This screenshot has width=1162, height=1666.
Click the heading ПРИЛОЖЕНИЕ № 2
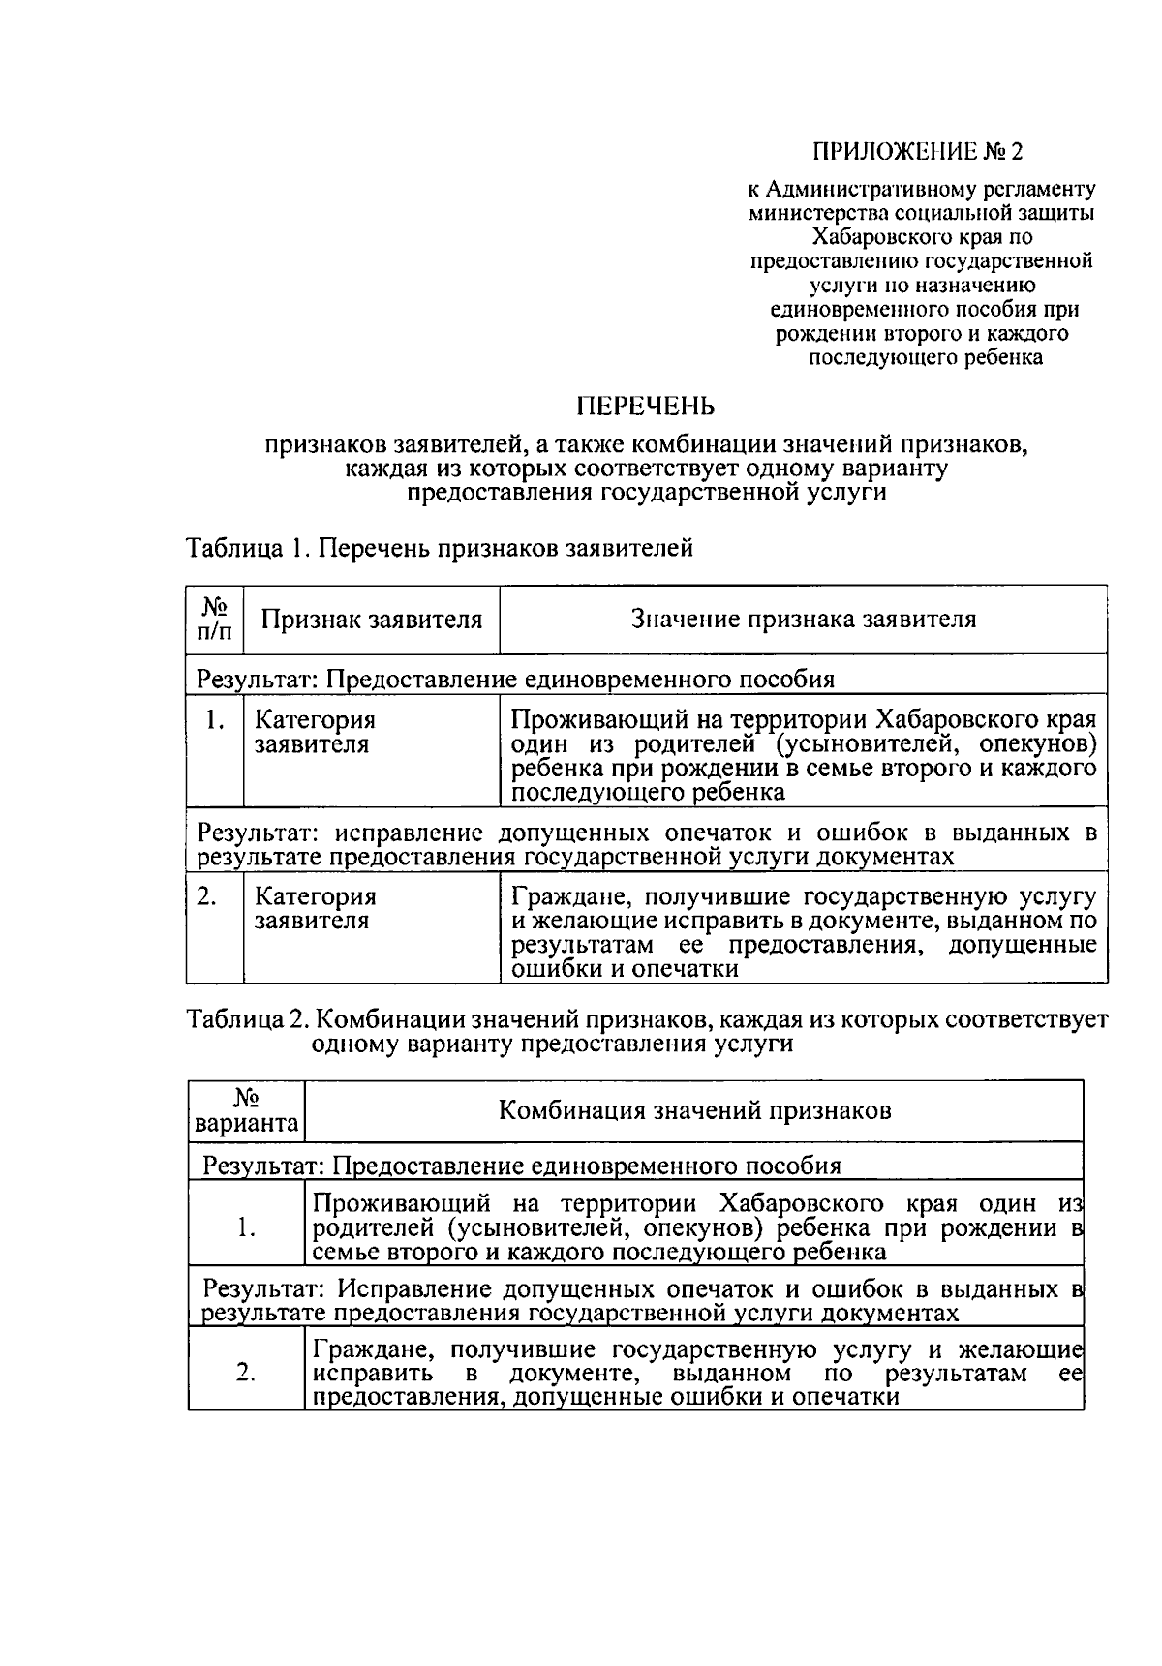(x=916, y=152)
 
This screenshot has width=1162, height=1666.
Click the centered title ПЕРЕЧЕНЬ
(x=645, y=406)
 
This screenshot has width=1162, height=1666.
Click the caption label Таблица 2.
(x=247, y=1019)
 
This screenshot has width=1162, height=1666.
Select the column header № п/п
(x=215, y=619)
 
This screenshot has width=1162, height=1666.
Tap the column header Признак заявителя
(x=372, y=620)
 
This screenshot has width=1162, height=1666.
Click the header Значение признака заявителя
(x=804, y=620)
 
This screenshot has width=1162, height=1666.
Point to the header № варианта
(x=247, y=1110)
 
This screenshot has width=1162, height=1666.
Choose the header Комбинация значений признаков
(x=694, y=1110)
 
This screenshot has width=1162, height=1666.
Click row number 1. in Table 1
(x=215, y=720)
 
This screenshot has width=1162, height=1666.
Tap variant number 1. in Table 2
(x=246, y=1228)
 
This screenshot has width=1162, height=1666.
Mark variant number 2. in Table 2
(x=246, y=1373)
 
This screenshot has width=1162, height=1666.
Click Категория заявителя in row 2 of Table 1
(x=316, y=908)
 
